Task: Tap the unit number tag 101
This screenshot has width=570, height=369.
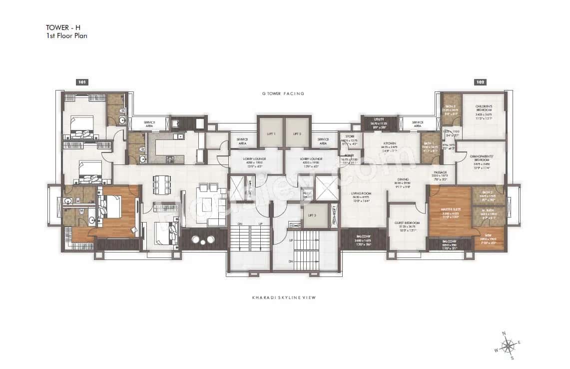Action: (82, 82)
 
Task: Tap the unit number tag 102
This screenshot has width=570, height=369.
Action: (480, 82)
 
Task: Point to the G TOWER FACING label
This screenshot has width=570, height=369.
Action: (283, 93)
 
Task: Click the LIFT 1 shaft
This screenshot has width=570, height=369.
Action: (270, 133)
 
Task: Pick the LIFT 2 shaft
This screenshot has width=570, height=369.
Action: (297, 133)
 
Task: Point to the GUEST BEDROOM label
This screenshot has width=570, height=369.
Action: (407, 223)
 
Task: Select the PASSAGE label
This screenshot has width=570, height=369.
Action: (440, 172)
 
